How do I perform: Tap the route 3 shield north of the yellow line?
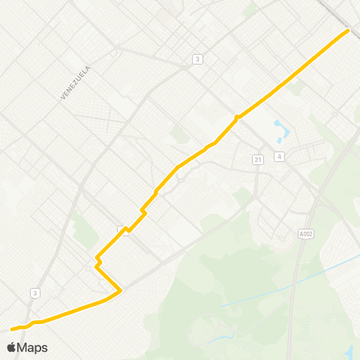click(197, 59)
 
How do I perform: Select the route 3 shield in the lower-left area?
click(35, 292)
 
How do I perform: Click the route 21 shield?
click(257, 159)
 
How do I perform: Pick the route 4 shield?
click(279, 157)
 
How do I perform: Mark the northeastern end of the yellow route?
click(348, 31)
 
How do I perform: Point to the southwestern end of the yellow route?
click(11, 328)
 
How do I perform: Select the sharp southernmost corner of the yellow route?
click(120, 289)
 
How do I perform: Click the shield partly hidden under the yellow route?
click(122, 230)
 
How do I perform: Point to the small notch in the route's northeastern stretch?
click(237, 116)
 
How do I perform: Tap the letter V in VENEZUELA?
click(62, 98)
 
